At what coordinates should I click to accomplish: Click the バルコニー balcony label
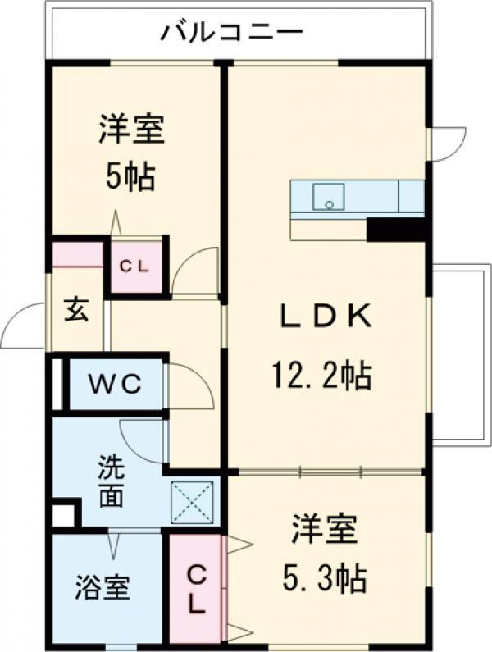click(232, 33)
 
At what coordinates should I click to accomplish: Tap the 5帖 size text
click(130, 176)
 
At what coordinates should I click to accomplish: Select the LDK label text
click(321, 316)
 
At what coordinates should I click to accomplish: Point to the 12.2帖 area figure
click(321, 376)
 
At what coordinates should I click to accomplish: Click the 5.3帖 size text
click(326, 580)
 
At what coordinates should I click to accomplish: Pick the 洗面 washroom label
click(112, 483)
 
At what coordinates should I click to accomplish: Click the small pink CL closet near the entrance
click(135, 267)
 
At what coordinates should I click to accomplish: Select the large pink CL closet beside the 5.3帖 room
click(195, 587)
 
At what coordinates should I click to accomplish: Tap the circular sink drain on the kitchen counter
click(329, 204)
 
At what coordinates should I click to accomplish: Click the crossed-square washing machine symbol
click(192, 502)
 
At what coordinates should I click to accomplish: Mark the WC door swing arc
click(189, 385)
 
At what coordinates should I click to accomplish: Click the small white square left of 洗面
click(62, 516)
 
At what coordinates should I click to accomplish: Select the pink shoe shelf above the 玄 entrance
click(79, 254)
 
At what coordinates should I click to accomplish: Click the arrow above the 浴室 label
click(113, 543)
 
